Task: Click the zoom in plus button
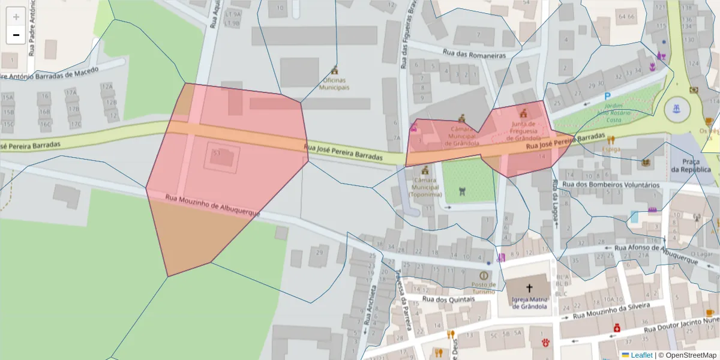[16, 16]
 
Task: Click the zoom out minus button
[16, 35]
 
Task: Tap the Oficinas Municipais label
[334, 83]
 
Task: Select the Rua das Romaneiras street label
[474, 54]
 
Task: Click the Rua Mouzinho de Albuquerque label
[212, 205]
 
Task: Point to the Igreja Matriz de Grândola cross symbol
[529, 287]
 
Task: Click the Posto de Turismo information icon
[484, 275]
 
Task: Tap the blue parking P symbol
[607, 96]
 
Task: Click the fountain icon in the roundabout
[676, 109]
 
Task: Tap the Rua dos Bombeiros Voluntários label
[610, 185]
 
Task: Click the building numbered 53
[217, 154]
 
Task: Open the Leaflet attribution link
[641, 355]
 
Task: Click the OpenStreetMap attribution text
[691, 355]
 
